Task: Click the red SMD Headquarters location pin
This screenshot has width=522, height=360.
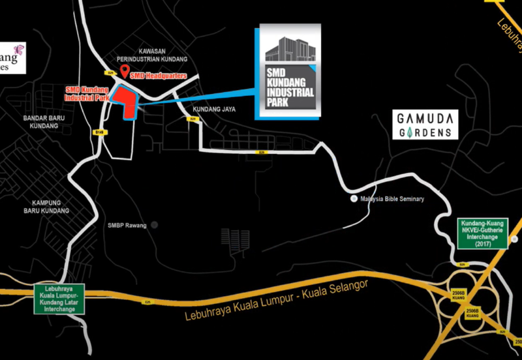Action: coord(125,71)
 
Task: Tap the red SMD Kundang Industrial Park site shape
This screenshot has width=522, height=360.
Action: coord(126,102)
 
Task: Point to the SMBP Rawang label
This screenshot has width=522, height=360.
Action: coord(127,226)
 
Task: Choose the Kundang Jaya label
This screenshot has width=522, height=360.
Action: coord(214,109)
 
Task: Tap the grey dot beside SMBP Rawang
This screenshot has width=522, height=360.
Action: coord(155,225)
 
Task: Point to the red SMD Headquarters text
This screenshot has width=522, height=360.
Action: coord(159,76)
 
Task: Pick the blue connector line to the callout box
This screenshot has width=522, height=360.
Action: coord(196,98)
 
